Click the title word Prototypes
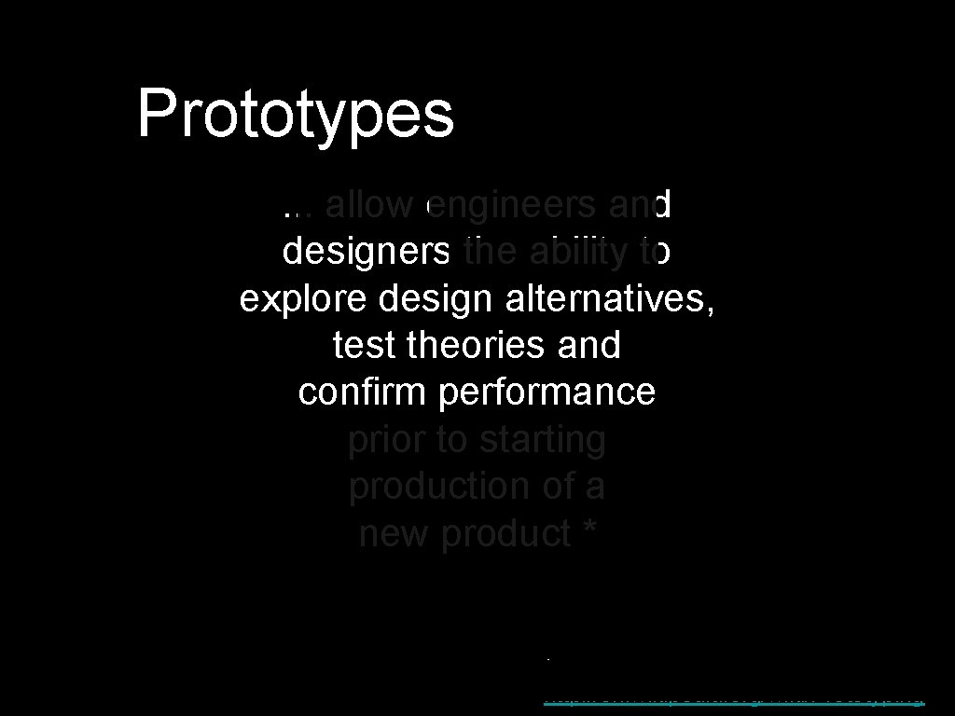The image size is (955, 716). click(x=296, y=114)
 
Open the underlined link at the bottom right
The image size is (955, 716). click(x=733, y=697)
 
